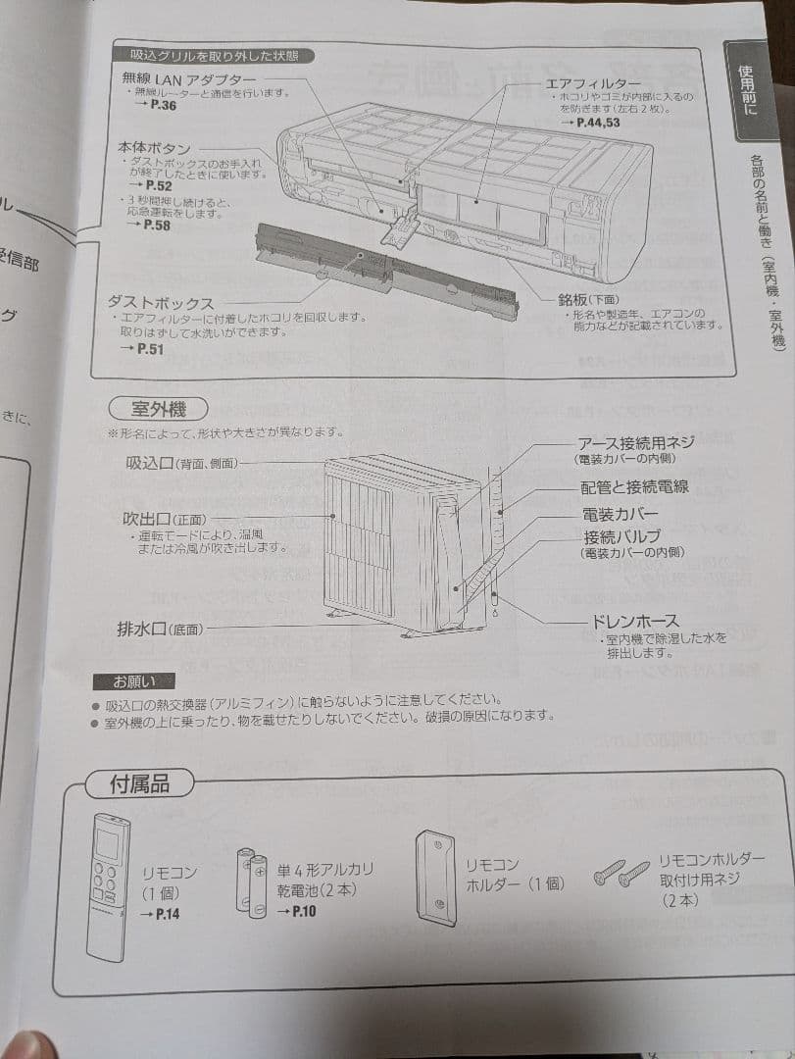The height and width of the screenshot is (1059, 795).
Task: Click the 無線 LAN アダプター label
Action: pos(189,77)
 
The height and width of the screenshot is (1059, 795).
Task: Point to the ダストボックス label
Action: pos(161,302)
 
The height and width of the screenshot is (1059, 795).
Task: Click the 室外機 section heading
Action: pos(158,408)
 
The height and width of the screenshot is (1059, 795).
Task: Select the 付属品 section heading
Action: pos(139,783)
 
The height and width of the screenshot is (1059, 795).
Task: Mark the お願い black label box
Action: pos(132,681)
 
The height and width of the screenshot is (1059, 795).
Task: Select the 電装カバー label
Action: pos(621,514)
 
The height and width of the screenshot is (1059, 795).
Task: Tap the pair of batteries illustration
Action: pos(252,882)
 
